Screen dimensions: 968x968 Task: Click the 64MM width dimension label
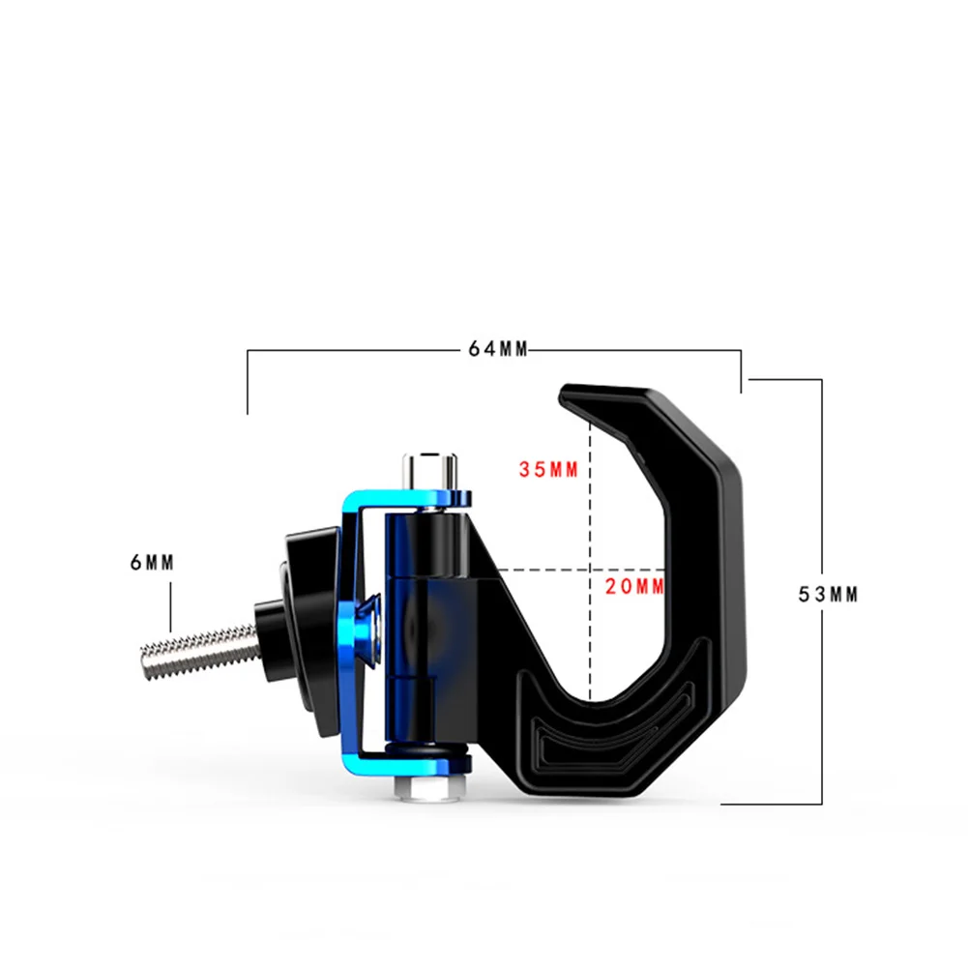[498, 349]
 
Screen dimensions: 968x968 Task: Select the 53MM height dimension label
[829, 595]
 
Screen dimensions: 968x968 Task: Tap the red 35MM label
[548, 470]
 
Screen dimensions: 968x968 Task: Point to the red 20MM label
[634, 586]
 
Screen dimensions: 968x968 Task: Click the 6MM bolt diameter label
[153, 563]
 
